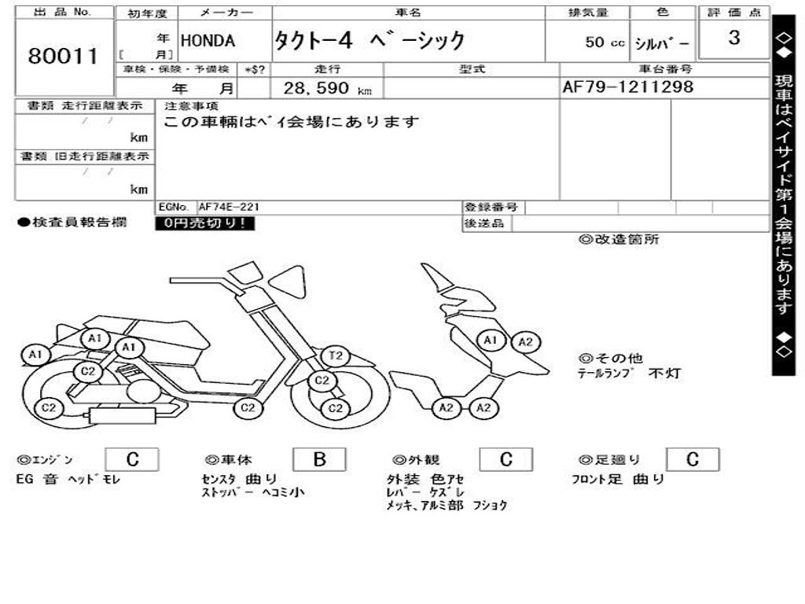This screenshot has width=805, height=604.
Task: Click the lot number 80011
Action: tap(63, 57)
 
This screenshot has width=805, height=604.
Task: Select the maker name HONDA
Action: tap(208, 41)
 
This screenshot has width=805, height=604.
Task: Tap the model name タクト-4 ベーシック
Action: tap(369, 41)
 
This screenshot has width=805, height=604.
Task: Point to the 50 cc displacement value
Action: tap(605, 42)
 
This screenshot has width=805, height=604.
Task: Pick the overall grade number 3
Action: tap(733, 38)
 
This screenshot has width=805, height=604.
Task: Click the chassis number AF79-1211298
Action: tap(628, 87)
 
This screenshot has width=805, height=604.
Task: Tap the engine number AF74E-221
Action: tap(229, 207)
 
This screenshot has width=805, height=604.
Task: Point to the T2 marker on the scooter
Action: tap(336, 356)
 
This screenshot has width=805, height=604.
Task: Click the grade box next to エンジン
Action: tap(132, 459)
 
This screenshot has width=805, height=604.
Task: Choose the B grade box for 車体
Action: tap(319, 459)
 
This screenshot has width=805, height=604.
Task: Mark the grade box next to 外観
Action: tap(506, 459)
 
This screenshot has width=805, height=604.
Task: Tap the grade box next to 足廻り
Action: tap(693, 459)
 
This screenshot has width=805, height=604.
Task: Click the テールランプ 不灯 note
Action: tap(629, 374)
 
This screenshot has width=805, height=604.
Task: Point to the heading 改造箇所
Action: tap(619, 240)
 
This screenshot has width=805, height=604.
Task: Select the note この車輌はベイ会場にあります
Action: tap(291, 122)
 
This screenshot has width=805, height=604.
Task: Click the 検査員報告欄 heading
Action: tap(72, 223)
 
